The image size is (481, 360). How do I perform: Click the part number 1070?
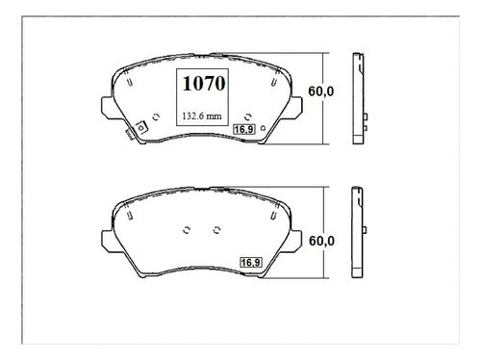point(204,84)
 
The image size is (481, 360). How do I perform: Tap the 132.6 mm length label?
point(202,116)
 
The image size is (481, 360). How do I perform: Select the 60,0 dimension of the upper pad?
point(321,91)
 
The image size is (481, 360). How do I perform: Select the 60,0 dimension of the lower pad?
point(321,241)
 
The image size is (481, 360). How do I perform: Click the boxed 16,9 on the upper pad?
point(243,129)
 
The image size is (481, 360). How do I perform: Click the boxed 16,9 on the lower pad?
point(251,263)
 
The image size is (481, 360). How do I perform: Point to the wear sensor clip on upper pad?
point(137,130)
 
